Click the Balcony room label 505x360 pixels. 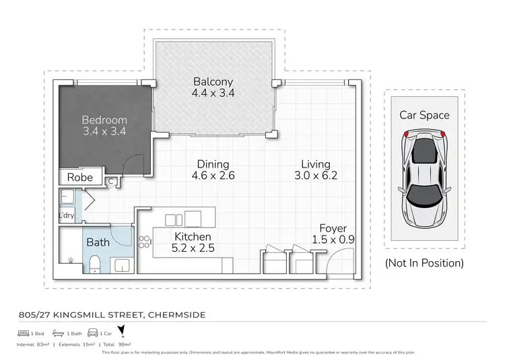213,82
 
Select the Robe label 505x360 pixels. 80,178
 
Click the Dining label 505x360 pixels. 213,164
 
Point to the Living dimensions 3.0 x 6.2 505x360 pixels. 316,176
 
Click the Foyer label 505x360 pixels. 333,228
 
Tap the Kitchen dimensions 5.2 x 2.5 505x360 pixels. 193,248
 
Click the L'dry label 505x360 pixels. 66,215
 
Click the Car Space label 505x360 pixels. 424,115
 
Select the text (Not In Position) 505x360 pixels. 424,263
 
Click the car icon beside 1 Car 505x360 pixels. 92,333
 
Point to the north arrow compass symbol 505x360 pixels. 121,331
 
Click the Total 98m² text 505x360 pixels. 127,344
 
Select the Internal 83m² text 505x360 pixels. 32,344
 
